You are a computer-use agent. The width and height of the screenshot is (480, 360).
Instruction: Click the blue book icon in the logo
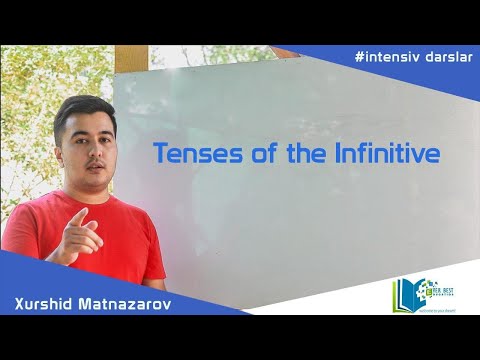click(x=404, y=295)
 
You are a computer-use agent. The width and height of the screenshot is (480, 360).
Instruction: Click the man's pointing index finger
click(x=78, y=216)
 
